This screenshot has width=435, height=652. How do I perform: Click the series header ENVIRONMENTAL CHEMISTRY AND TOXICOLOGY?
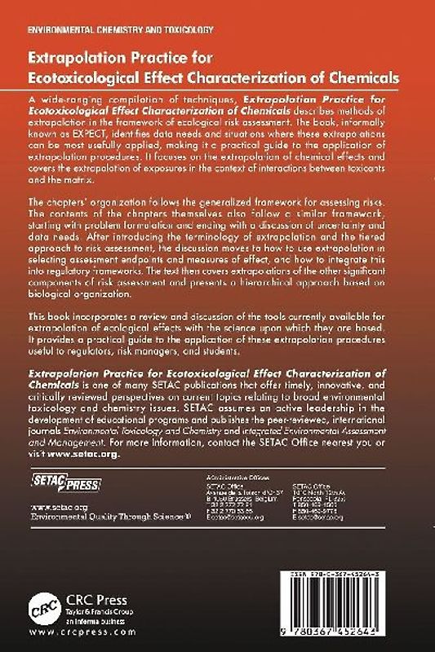point(121,29)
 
